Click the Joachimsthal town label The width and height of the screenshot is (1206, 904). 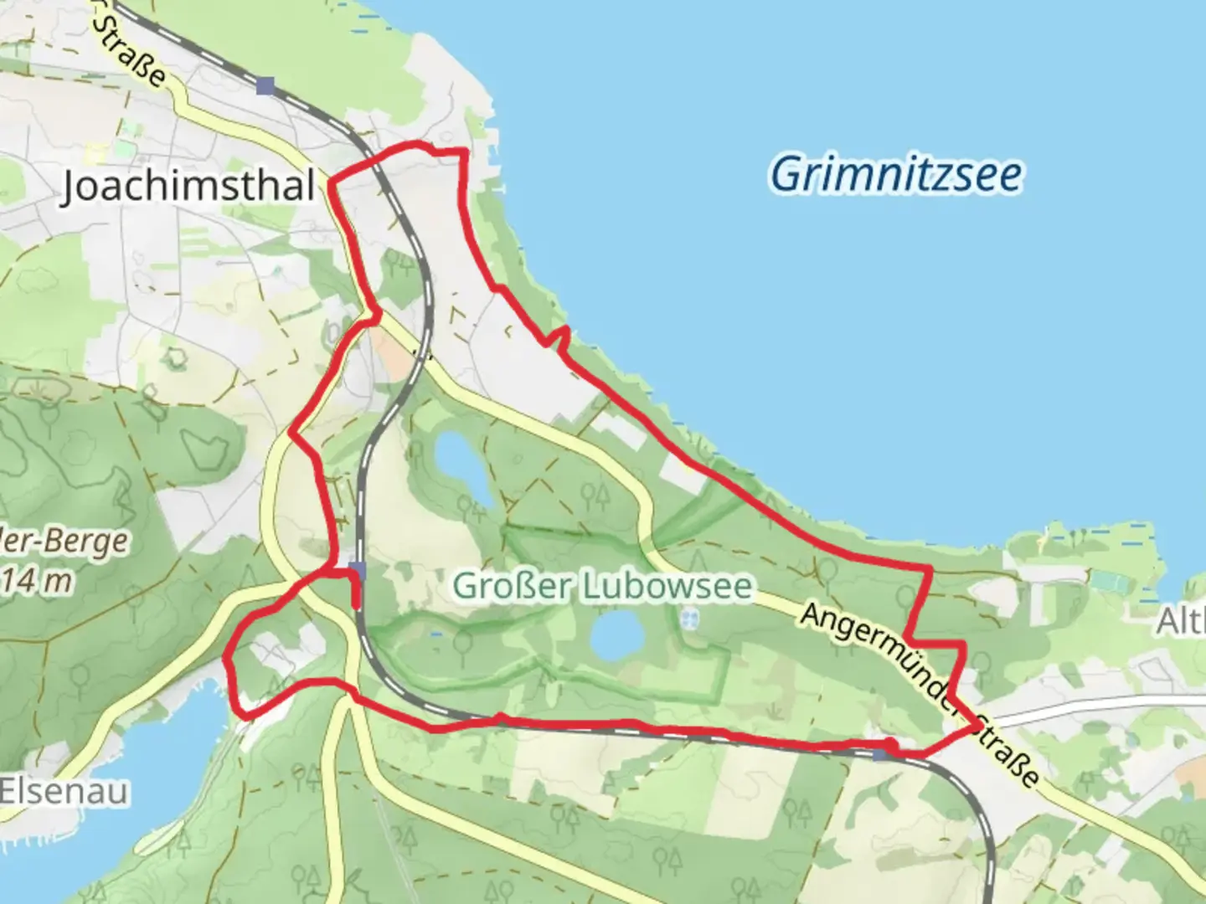[189, 186]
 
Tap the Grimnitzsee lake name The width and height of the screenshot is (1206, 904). [895, 175]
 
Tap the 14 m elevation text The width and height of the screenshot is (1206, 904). [36, 580]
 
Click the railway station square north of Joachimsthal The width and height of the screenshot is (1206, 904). [265, 85]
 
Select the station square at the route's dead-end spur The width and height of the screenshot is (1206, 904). [358, 571]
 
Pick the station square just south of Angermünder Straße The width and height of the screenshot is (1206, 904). [879, 754]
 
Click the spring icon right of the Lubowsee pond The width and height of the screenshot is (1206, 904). [689, 620]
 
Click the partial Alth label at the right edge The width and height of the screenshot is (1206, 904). [1181, 621]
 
